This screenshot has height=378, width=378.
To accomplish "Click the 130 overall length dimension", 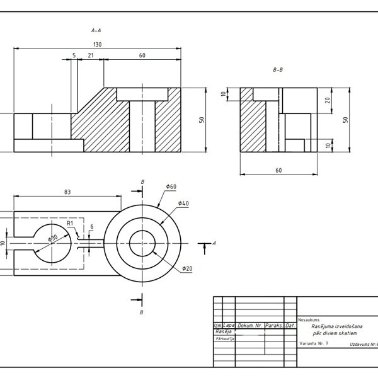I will [x=97, y=44].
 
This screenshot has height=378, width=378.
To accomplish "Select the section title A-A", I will [x=97, y=30].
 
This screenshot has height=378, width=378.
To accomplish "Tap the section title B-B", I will [x=278, y=71].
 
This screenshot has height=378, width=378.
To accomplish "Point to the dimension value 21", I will [x=91, y=56].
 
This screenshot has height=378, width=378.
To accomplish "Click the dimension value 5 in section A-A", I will [x=74, y=56].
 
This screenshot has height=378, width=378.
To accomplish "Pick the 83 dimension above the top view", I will [x=67, y=192].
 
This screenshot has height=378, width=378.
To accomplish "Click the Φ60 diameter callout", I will [x=171, y=187].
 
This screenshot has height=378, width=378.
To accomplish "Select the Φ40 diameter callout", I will [x=183, y=203].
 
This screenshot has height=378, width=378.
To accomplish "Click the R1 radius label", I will [x=71, y=223].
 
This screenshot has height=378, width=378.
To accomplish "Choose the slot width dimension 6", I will [x=91, y=227].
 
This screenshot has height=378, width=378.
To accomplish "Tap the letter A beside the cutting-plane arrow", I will [x=215, y=243].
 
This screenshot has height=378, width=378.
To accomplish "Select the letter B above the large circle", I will [x=143, y=182].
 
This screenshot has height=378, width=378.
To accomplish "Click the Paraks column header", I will [x=273, y=326].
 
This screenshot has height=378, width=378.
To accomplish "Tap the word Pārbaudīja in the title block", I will [x=225, y=338].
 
